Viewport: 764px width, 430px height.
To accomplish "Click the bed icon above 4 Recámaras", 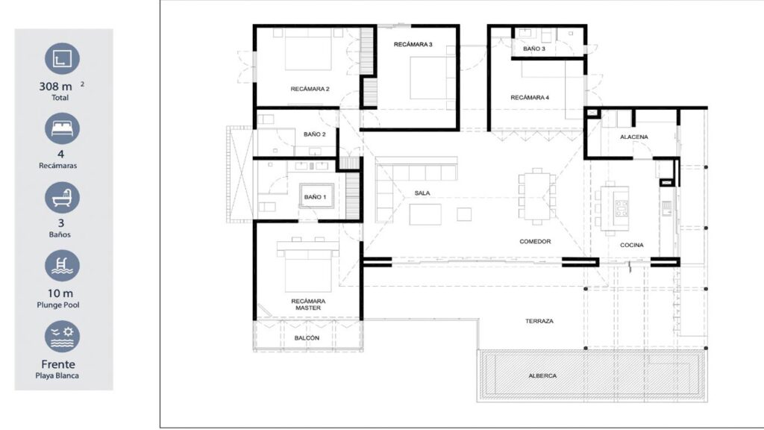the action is pos(62,128).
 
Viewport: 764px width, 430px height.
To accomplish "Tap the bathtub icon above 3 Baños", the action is pos(62,197).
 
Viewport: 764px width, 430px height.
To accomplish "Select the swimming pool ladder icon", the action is pos(62,266).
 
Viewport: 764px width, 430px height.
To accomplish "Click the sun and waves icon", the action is pos(62,337).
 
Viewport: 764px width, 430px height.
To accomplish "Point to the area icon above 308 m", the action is pos(62,58).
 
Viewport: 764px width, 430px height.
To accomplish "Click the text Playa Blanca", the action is pos(57,376).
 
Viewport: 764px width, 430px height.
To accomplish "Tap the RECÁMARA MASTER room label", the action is pos(308,305).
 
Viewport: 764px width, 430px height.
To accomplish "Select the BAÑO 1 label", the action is pos(316,197).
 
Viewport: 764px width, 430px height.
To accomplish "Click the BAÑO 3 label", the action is pos(534,49).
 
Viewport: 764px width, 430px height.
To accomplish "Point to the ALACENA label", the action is pos(634,137).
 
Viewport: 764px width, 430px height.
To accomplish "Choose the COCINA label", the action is pos(631,245).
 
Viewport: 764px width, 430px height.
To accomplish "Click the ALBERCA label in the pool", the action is pos(542,376).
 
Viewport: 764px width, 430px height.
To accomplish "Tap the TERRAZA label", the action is pos(539,321).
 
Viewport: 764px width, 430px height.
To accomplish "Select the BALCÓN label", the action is pos(307,338).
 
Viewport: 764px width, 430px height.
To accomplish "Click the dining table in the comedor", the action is pos(537,196).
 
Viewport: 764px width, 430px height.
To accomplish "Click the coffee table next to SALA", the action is pos(425,214).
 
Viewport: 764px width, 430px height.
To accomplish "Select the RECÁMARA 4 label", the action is pos(530,98).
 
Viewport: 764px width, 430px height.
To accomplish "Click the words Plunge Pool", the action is pos(58,305).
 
